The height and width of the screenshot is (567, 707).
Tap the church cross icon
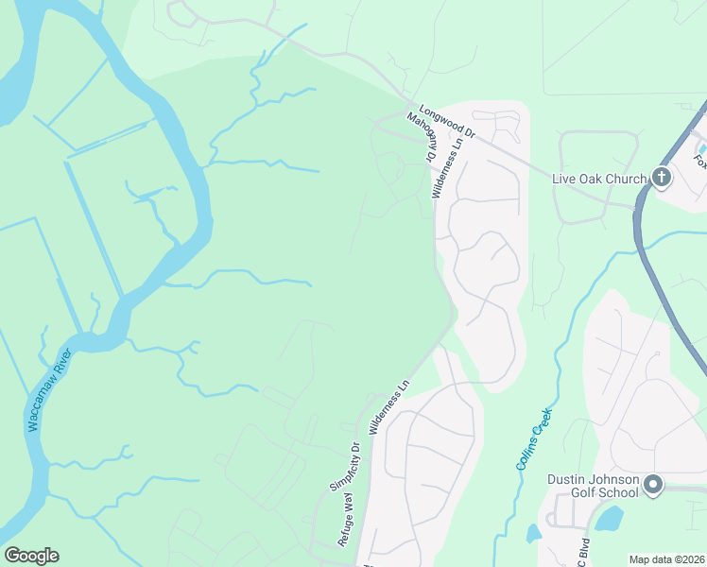(x=661, y=177)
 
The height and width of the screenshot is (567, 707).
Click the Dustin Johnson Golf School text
(x=593, y=486)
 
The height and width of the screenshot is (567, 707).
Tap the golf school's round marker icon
(x=653, y=487)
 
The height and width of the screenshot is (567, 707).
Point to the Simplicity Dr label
(x=346, y=464)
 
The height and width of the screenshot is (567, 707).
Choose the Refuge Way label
(x=348, y=520)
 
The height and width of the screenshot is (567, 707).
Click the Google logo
(x=31, y=556)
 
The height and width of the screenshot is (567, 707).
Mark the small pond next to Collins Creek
(x=533, y=533)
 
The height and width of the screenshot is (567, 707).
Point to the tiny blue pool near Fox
(x=701, y=147)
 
